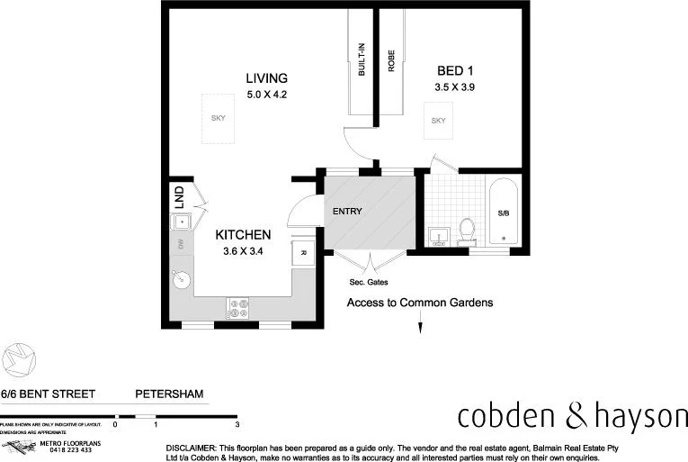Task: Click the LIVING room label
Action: pyautogui.click(x=266, y=78)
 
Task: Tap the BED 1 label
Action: pyautogui.click(x=455, y=71)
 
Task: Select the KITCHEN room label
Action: pyautogui.click(x=242, y=235)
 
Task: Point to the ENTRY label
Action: pyautogui.click(x=347, y=212)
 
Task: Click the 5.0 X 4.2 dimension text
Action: pyautogui.click(x=266, y=94)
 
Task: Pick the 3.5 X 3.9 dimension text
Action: pyautogui.click(x=455, y=87)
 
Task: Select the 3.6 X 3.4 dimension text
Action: pyautogui.click(x=243, y=251)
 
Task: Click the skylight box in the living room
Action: pyautogui.click(x=218, y=118)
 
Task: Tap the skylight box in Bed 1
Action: pyautogui.click(x=438, y=121)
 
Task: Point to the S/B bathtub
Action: pyautogui.click(x=503, y=213)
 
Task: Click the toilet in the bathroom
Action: pyautogui.click(x=466, y=231)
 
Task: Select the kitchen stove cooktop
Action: pyautogui.click(x=238, y=309)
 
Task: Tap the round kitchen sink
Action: pyautogui.click(x=180, y=279)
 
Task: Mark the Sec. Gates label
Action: pyautogui.click(x=368, y=282)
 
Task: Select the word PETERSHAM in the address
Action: pyautogui.click(x=169, y=394)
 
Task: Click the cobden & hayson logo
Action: pyautogui.click(x=572, y=416)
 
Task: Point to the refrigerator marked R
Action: pyautogui.click(x=303, y=253)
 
